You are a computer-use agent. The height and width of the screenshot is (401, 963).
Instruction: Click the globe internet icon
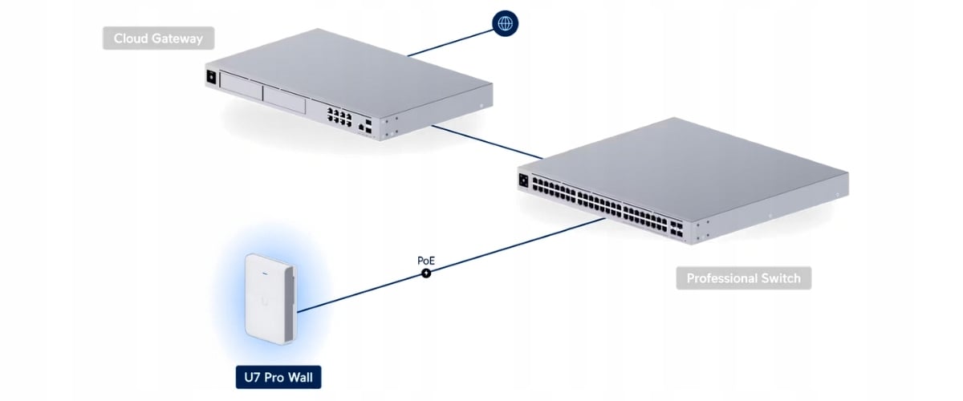505,23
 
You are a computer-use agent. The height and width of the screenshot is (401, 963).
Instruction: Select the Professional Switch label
743,278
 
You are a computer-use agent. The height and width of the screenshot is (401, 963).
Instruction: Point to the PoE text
426,261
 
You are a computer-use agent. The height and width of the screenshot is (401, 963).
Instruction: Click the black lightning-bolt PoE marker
426,273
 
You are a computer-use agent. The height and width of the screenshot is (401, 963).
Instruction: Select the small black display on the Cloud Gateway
212,78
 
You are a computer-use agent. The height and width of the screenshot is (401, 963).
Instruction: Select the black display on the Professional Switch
525,181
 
